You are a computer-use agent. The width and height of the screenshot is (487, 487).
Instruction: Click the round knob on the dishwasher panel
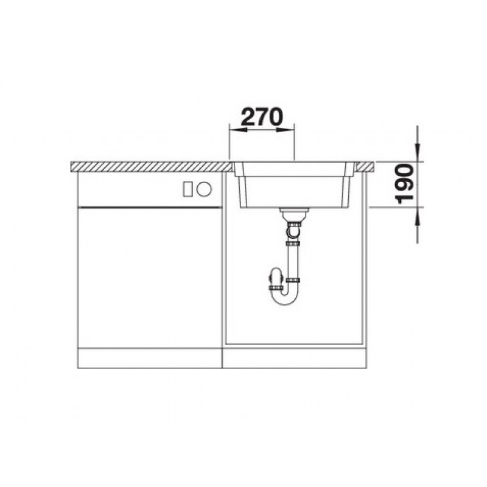click(204, 189)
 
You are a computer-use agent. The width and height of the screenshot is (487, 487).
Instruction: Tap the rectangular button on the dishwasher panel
click(188, 189)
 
